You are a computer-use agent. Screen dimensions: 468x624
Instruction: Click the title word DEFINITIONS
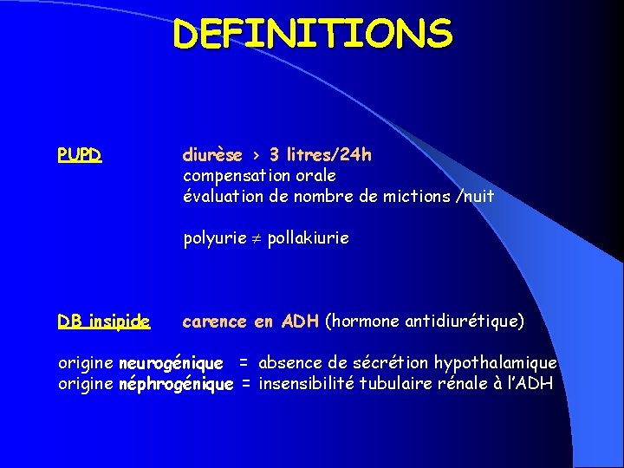click(x=312, y=35)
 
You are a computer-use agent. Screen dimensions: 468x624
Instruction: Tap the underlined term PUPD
click(x=80, y=156)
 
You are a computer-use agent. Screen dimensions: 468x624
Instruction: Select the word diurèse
click(x=212, y=156)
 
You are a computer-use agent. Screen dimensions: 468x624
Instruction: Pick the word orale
click(x=315, y=176)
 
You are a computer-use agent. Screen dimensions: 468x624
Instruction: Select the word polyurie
click(x=214, y=238)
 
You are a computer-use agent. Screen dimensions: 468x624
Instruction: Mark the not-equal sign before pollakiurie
click(x=257, y=238)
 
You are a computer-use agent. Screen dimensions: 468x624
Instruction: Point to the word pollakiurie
click(x=308, y=238)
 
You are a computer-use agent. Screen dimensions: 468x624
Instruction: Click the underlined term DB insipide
click(x=104, y=322)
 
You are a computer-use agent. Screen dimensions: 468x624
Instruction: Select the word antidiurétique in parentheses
click(x=464, y=322)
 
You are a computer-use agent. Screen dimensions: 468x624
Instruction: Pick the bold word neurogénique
click(x=171, y=363)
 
